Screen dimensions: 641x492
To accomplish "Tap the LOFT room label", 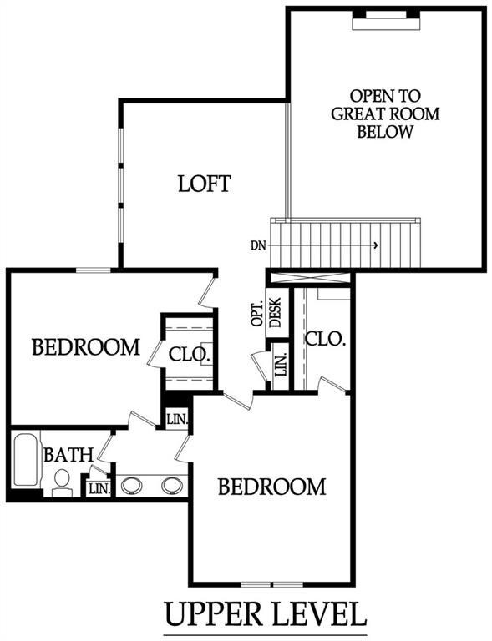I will click(204, 184).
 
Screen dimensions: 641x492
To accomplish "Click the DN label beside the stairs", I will click(258, 245).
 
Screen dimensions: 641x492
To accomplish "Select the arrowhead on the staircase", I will click(377, 245).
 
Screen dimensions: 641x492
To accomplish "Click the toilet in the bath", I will click(61, 482).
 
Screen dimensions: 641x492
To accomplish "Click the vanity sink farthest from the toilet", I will click(171, 485).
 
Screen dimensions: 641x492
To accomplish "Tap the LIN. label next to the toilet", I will click(98, 488).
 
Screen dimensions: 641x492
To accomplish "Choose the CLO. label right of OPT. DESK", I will click(324, 339).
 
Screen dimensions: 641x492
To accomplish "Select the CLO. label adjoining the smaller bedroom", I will click(190, 354).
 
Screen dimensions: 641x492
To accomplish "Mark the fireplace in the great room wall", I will click(385, 19).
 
